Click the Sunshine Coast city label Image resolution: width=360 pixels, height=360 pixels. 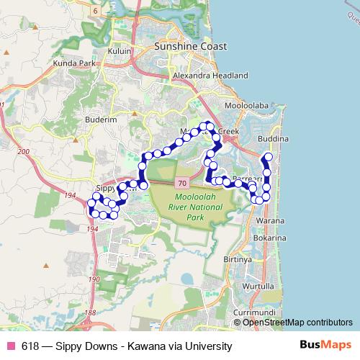pyautogui.click(x=191, y=46)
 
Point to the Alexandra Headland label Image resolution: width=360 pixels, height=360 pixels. pyautogui.click(x=211, y=75)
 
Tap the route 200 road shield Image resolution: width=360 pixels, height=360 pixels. pyautogui.click(x=24, y=152)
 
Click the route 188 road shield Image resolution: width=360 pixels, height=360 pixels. pyautogui.click(x=89, y=313)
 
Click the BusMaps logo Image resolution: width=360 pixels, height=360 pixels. pyautogui.click(x=329, y=346)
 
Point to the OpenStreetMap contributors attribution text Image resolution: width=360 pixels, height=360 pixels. pyautogui.click(x=297, y=323)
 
